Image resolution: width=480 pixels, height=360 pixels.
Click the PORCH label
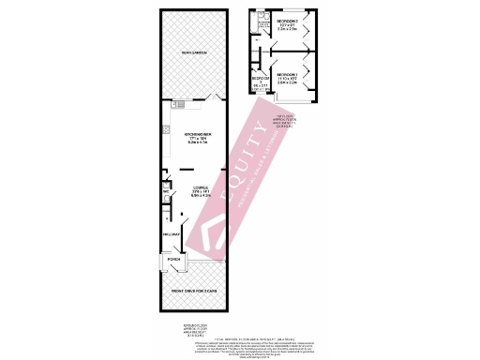[x=173, y=259]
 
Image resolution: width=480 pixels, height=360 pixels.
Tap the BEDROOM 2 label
[x=287, y=21]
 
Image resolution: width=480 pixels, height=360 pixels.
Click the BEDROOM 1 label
[x=287, y=73]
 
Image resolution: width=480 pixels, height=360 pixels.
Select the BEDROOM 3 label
[x=260, y=79]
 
